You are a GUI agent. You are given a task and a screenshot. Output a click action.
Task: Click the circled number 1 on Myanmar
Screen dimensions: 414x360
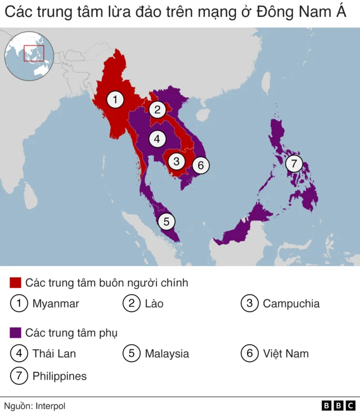pos(115,100)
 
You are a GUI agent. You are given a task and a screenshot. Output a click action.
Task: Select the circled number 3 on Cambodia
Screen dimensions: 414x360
pos(177,161)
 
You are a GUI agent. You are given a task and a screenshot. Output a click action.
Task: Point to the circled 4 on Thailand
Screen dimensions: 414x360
pos(157,138)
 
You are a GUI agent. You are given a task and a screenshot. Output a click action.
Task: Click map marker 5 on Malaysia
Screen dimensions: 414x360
pos(166,222)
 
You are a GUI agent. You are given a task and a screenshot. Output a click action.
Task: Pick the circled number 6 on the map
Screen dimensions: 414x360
pos(201,165)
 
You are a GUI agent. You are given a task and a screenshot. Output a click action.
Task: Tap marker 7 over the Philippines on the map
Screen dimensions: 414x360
pos(294,164)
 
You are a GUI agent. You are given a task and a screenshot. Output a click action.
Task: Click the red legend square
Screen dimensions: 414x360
pos(16,282)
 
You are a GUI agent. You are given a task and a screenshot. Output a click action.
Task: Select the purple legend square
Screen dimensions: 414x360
pos(16,332)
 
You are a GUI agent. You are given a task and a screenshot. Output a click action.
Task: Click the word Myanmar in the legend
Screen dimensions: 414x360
pos(56,304)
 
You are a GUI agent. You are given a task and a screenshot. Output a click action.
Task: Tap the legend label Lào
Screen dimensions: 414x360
pos(154,304)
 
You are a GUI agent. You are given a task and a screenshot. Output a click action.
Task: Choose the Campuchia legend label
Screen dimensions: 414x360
pos(291,304)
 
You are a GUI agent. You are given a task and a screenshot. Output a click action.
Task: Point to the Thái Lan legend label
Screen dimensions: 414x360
pos(54,354)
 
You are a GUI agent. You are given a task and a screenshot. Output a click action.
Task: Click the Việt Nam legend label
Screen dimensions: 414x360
pos(285,354)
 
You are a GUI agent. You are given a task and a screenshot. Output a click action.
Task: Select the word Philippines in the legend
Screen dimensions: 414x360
pos(60,376)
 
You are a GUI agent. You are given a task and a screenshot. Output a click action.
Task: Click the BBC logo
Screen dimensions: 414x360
pos(338,405)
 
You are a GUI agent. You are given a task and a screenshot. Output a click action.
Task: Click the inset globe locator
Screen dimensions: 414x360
pos(29,56)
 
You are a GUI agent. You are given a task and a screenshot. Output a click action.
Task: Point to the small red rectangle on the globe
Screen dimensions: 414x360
pos(34,53)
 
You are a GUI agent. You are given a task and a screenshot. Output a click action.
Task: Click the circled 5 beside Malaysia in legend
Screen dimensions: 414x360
pos(132,354)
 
